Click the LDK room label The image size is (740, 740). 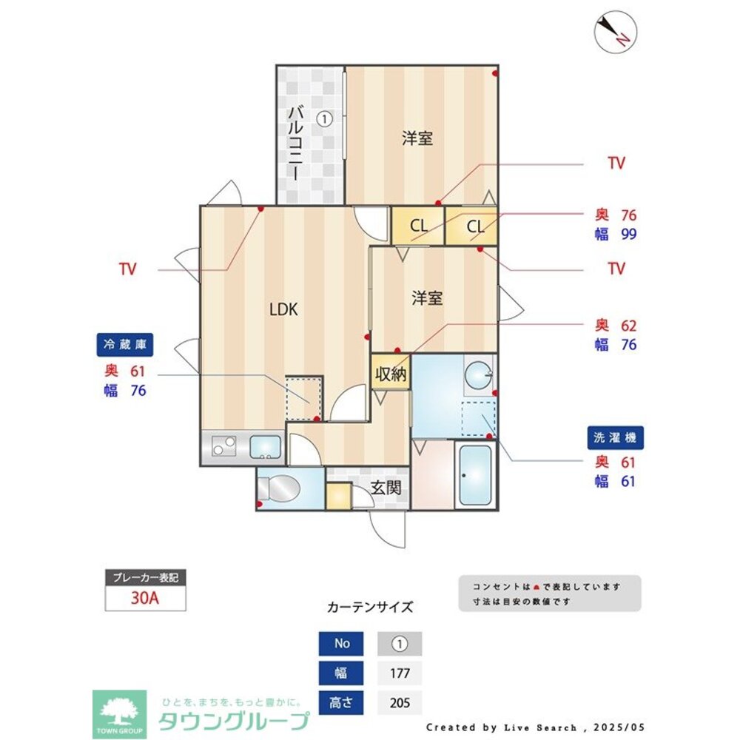tap(283, 310)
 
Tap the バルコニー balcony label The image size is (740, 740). tap(295, 142)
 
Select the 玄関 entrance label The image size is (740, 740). tap(386, 488)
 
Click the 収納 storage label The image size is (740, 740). tap(391, 374)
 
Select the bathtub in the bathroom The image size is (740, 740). tap(474, 475)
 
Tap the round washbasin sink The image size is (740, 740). tap(478, 374)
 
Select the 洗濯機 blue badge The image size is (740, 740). tap(615, 437)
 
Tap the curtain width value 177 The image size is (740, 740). tap(400, 673)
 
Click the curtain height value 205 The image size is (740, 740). tap(400, 702)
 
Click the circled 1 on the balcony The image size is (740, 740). tap(324, 118)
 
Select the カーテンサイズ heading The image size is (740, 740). tap(370, 607)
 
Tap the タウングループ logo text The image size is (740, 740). tap(234, 720)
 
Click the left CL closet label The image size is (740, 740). tap(418, 226)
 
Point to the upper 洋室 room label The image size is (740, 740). tap(417, 138)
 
